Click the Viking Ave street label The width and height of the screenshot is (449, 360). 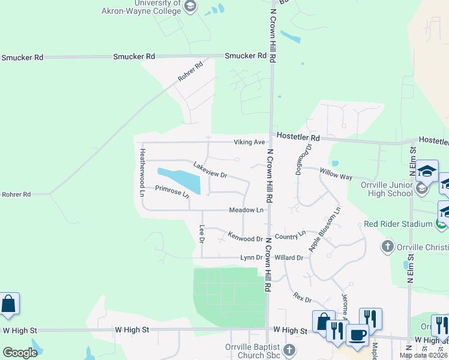pyautogui.click(x=249, y=142)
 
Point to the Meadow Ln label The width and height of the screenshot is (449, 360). pyautogui.click(x=246, y=210)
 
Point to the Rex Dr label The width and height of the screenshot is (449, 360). pyautogui.click(x=303, y=296)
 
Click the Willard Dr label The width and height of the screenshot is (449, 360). pyautogui.click(x=289, y=257)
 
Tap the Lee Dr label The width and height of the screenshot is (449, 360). pyautogui.click(x=202, y=233)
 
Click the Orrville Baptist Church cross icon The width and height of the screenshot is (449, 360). pyautogui.click(x=289, y=349)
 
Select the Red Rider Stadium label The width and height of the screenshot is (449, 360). pyautogui.click(x=398, y=224)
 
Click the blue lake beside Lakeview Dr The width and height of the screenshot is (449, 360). pyautogui.click(x=179, y=179)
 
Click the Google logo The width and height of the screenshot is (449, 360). pyautogui.click(x=20, y=353)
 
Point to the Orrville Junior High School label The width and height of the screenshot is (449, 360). pyautogui.click(x=387, y=189)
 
